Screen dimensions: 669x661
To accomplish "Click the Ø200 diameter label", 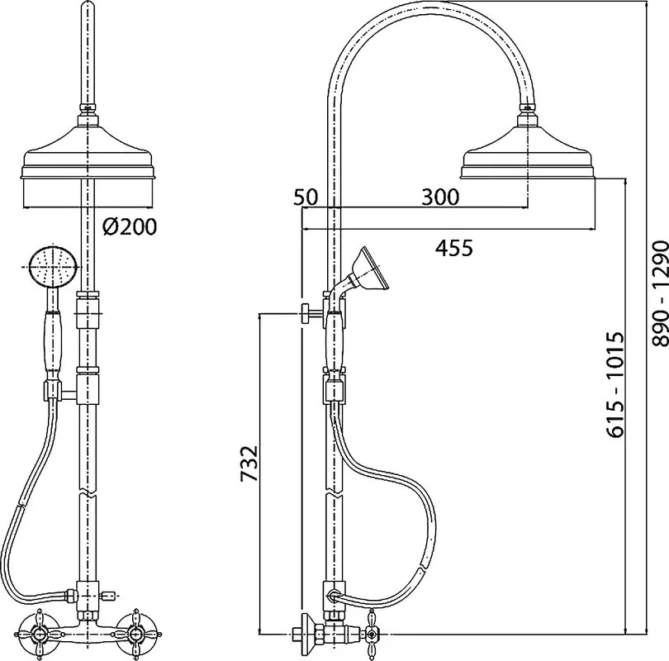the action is (130, 226).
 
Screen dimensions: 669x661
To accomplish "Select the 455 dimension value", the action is (454, 248).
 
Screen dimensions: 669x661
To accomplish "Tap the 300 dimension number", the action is (440, 197).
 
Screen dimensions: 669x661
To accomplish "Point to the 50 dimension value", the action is (306, 197).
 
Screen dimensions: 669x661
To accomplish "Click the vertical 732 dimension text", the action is (249, 464).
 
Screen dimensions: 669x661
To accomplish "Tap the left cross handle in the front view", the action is (40, 632).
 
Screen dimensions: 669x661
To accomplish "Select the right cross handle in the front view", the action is (135, 632).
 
